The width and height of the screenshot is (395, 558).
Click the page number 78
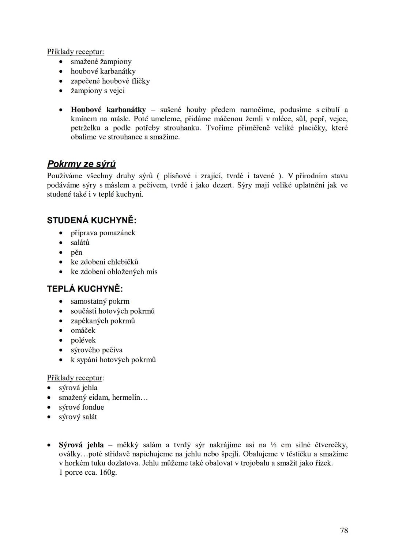(344, 530)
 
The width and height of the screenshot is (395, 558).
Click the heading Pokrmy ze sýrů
(82, 164)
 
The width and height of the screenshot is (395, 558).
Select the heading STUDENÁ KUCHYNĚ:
(91, 220)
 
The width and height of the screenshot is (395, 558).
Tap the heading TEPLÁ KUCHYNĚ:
(85, 289)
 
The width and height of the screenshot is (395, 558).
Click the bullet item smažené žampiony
(101, 61)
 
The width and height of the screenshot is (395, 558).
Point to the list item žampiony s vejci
(98, 91)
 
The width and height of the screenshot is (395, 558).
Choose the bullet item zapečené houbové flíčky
(110, 81)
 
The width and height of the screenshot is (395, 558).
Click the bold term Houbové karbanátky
(108, 110)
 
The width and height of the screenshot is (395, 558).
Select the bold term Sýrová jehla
(81, 445)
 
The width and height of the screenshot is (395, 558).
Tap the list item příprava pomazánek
(103, 233)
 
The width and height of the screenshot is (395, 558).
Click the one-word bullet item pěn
(76, 252)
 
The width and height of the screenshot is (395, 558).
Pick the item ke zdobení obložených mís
(114, 272)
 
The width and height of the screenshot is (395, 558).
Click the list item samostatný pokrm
(100, 301)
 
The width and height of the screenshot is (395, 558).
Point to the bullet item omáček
(83, 330)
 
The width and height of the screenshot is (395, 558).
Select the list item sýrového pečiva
(97, 350)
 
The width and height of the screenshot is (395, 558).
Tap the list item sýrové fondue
(81, 407)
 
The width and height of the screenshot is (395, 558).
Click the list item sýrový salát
(78, 417)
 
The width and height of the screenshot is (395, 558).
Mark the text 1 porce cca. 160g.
(88, 472)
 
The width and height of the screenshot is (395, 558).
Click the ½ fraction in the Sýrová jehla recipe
(274, 445)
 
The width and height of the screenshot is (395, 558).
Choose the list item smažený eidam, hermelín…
(103, 397)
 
